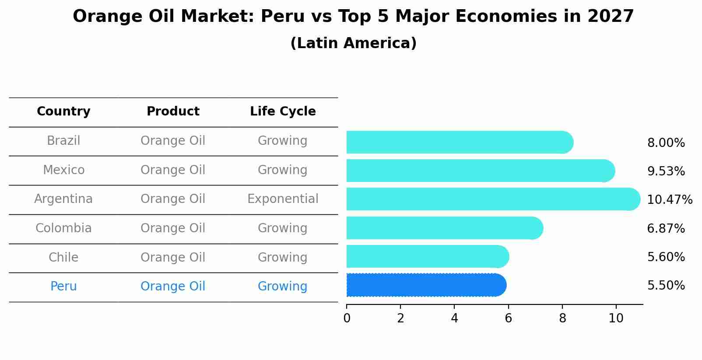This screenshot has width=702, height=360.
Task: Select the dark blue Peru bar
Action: [x=426, y=285]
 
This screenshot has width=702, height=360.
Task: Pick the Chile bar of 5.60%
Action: [x=427, y=256]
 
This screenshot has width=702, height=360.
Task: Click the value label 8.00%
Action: [x=666, y=143]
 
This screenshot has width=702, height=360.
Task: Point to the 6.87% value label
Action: [x=666, y=228]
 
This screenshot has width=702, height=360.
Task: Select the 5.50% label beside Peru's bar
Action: [x=666, y=286]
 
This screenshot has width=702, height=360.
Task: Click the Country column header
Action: [x=63, y=112]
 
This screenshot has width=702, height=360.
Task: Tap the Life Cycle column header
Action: [x=283, y=112]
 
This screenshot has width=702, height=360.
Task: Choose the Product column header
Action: [x=173, y=112]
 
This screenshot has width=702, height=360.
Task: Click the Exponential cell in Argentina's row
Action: [x=283, y=199]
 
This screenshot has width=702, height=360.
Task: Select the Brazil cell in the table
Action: [x=63, y=141]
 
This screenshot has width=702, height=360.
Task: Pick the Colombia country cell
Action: [x=63, y=228]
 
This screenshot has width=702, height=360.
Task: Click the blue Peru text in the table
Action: [x=63, y=287]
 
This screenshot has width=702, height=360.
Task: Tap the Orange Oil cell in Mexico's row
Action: [x=173, y=170]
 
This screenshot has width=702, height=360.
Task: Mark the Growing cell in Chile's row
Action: [x=283, y=257]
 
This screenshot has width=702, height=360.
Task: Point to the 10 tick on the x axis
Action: [x=616, y=318]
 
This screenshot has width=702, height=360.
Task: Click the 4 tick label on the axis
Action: [x=454, y=318]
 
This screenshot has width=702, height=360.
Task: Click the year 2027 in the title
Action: [x=611, y=17]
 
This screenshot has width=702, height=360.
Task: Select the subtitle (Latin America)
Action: [x=353, y=43]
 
